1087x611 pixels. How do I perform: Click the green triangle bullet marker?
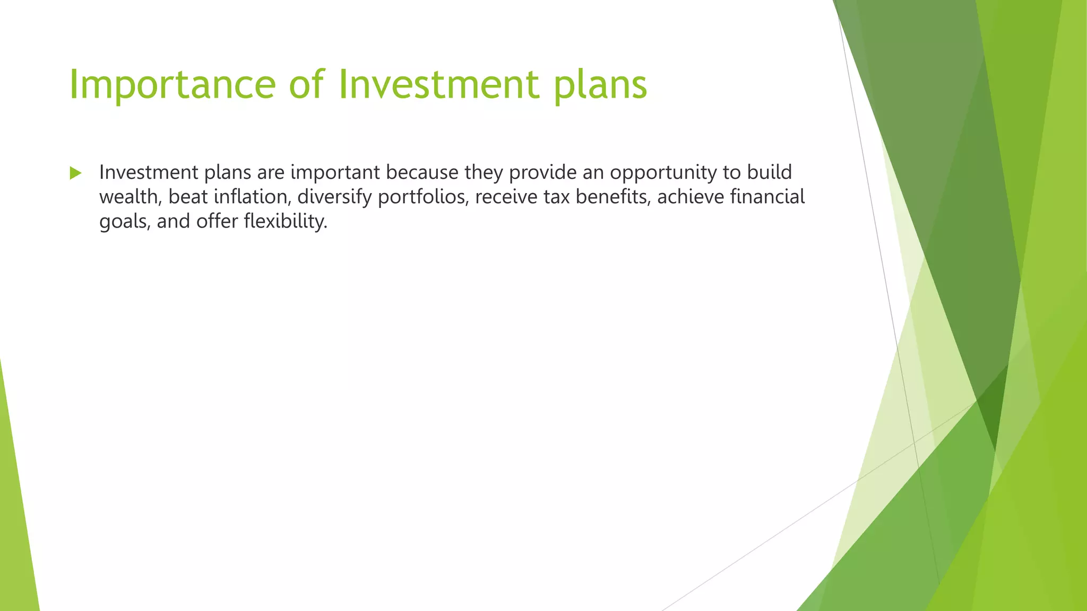[x=75, y=173]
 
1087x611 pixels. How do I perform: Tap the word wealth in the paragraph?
[x=130, y=197]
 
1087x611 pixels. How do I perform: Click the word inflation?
[x=252, y=197]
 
